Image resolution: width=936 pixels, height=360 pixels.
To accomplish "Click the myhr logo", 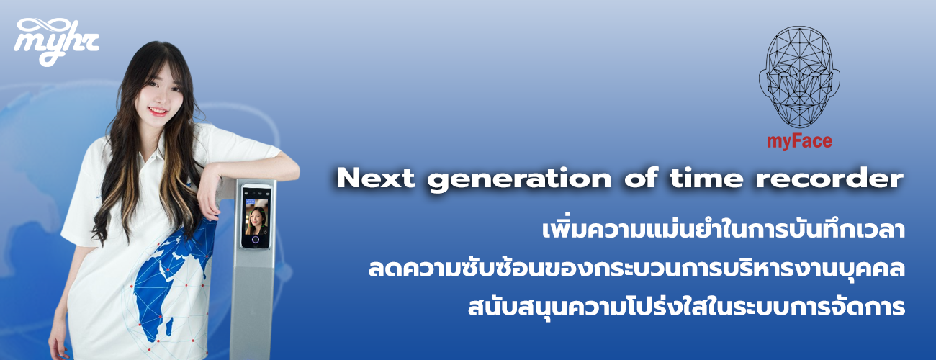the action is click(56, 42).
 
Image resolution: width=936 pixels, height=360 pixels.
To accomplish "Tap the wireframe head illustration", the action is click(799, 77).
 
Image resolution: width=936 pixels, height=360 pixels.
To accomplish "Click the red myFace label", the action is click(799, 141).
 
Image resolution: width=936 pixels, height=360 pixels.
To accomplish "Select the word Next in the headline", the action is click(376, 178).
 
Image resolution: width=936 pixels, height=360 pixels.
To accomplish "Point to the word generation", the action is click(519, 181).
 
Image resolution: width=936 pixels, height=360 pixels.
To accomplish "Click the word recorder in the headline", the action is click(830, 178).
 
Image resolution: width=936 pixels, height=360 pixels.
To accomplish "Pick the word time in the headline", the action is click(706, 178).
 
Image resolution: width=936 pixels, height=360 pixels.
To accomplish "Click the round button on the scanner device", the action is click(255, 240).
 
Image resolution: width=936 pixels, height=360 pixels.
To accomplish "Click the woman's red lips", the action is click(158, 111).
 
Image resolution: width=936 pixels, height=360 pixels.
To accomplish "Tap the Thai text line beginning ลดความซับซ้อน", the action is click(636, 269).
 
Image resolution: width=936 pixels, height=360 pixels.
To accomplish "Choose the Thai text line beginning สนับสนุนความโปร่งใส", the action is click(686, 307).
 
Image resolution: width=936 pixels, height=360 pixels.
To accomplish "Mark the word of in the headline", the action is click(642, 178).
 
